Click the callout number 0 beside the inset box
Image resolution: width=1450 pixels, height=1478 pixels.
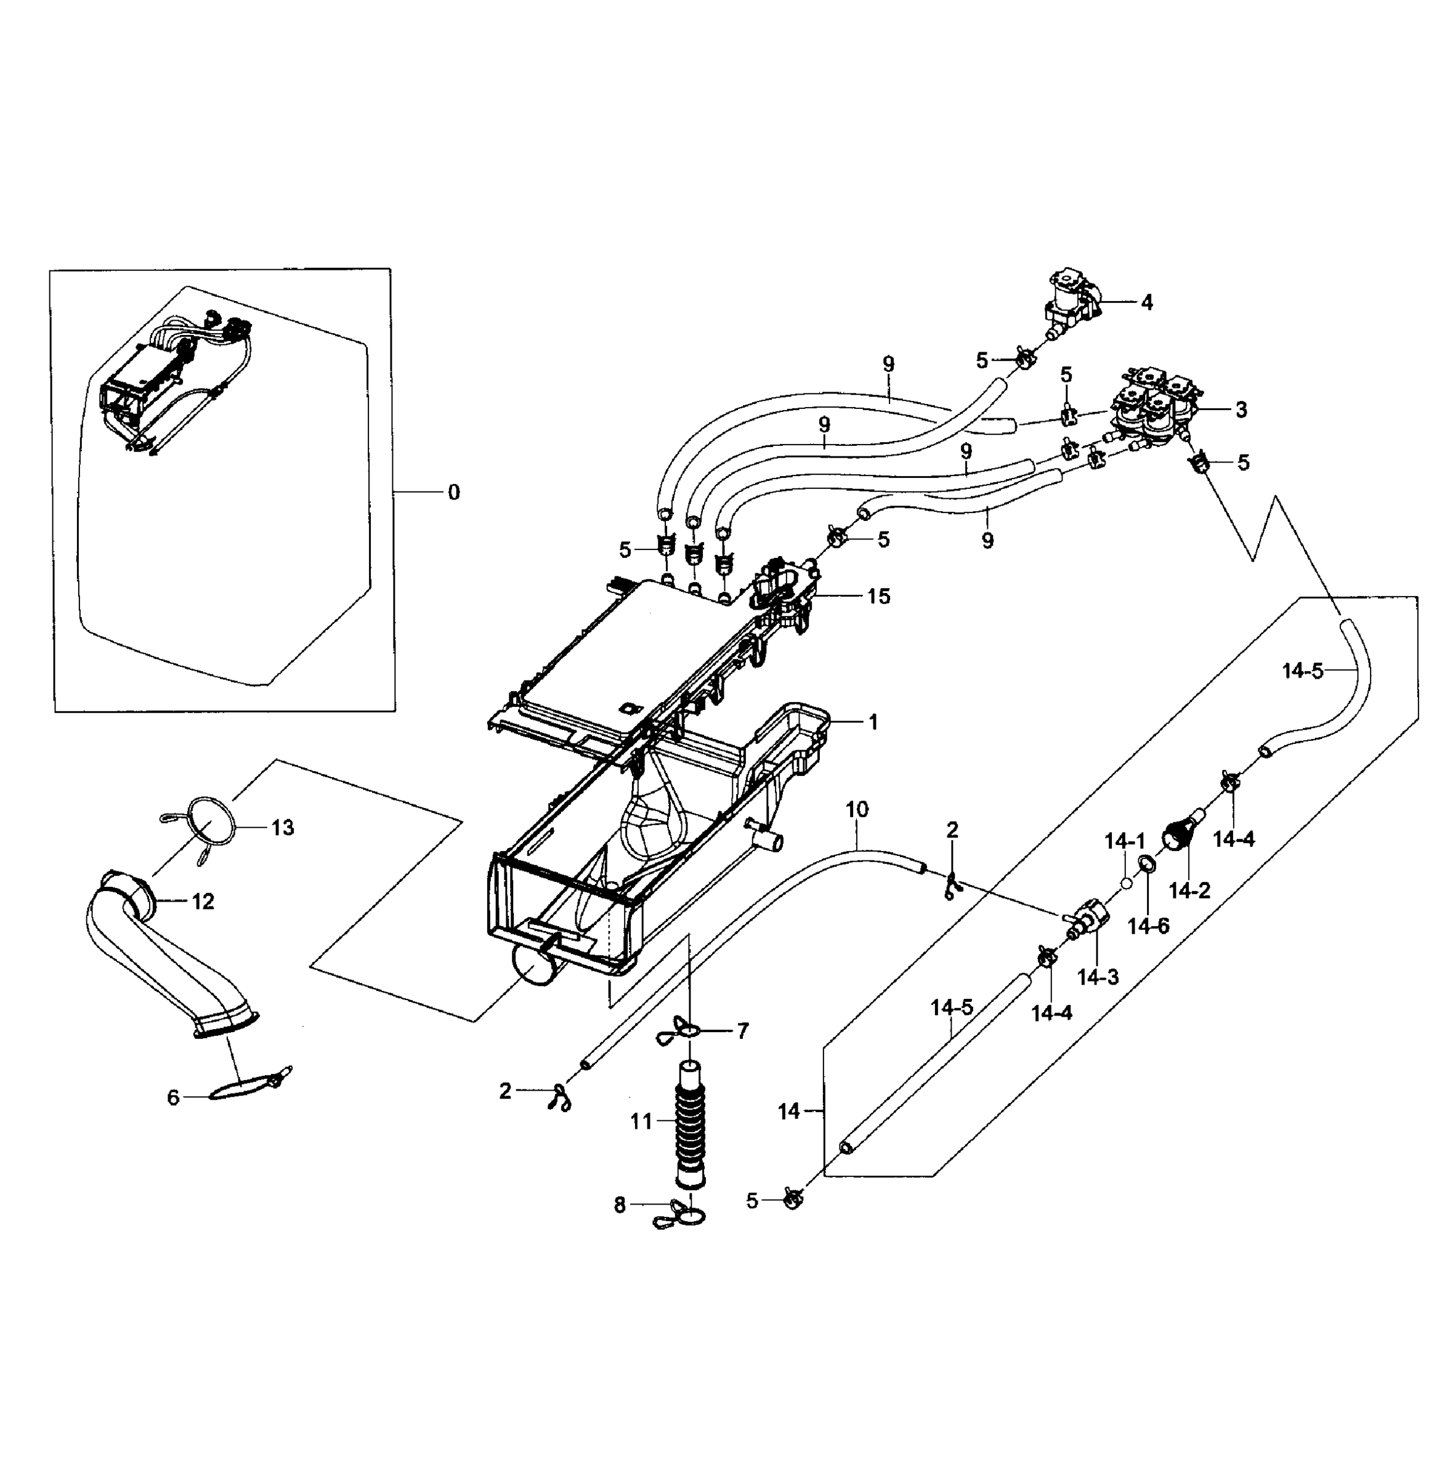click(454, 493)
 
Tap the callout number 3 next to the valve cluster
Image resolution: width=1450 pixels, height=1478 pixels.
click(1241, 410)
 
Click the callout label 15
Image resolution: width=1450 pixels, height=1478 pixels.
click(878, 596)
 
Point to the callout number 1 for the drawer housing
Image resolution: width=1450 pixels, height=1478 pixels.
click(873, 722)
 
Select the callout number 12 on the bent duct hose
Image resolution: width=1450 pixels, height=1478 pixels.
click(203, 902)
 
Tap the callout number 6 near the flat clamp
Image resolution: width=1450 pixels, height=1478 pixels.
click(173, 1097)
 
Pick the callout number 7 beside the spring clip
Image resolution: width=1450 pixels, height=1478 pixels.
click(742, 1031)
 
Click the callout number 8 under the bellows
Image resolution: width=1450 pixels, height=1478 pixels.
click(619, 1205)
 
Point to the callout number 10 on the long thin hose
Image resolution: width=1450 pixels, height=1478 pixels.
click(857, 809)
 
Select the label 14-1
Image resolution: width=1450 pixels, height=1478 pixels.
click(1125, 841)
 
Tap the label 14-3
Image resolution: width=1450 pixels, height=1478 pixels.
click(1098, 977)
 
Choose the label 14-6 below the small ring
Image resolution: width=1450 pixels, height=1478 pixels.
click(1148, 926)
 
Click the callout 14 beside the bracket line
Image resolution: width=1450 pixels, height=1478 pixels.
click(788, 1112)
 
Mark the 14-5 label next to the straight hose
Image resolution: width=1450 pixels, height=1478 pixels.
click(951, 1008)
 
